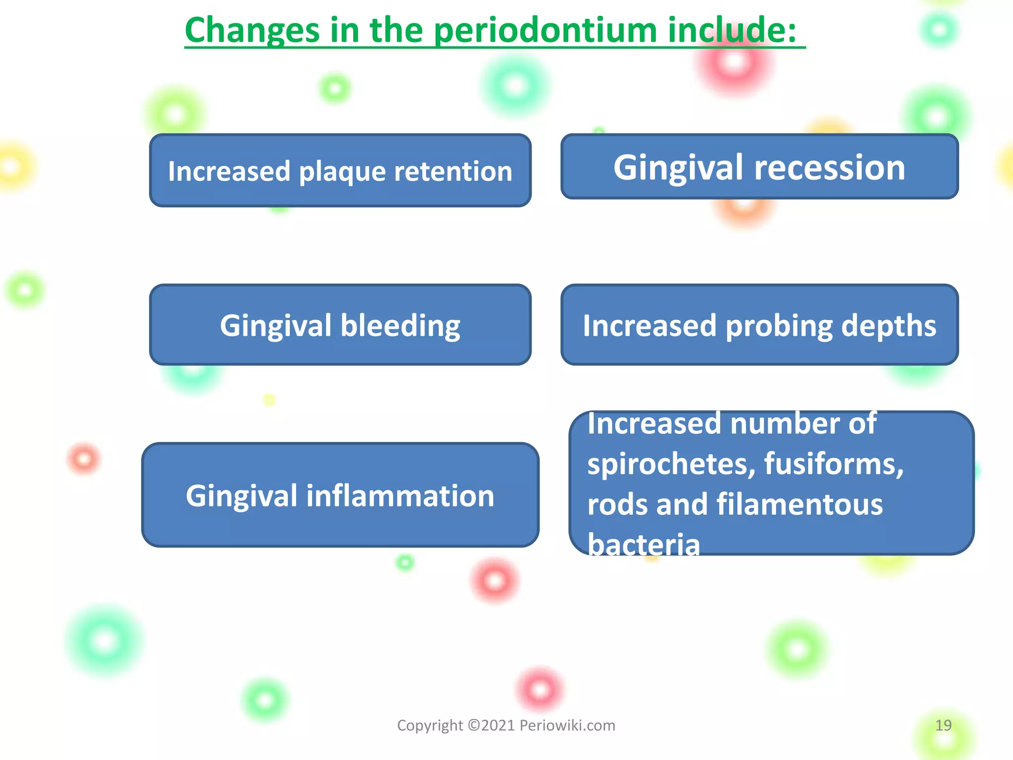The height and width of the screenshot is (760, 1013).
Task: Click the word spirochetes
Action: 671,464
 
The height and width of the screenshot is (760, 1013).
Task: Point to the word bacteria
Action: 644,545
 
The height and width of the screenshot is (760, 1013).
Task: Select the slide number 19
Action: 943,725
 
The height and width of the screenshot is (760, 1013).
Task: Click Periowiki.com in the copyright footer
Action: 567,725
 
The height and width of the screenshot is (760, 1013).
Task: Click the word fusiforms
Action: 833,464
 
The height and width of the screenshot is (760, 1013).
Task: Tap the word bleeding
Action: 400,326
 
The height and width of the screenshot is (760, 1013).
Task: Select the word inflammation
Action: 400,496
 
